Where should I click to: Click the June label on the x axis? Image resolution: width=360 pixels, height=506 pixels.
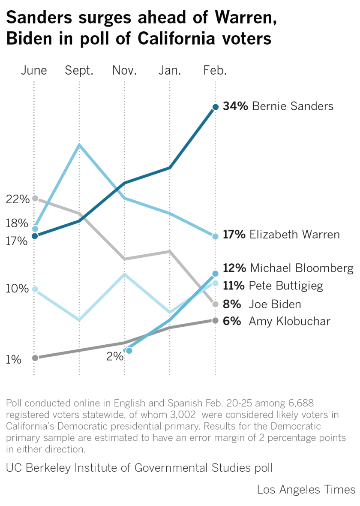(x=34, y=70)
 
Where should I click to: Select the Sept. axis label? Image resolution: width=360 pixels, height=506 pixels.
(x=79, y=70)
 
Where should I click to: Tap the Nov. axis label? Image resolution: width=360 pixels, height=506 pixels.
(x=124, y=70)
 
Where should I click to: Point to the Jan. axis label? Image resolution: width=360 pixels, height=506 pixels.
(x=170, y=70)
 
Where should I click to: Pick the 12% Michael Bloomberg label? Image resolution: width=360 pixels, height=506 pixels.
(x=288, y=268)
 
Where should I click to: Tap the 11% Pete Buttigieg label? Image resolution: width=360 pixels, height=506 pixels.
(x=273, y=286)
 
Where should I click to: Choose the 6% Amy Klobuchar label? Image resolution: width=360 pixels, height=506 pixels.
(x=276, y=321)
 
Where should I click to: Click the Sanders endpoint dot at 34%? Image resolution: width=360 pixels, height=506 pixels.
(x=215, y=107)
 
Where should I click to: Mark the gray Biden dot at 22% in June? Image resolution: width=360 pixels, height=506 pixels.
(x=35, y=198)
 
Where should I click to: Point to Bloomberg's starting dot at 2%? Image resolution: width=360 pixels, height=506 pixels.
(x=129, y=351)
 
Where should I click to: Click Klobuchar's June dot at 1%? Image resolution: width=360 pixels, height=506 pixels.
(x=35, y=358)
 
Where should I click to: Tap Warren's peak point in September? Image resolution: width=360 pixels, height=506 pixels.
(x=79, y=145)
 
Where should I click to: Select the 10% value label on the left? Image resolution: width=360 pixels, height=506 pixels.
(x=18, y=289)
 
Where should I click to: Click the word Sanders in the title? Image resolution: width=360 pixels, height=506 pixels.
(x=42, y=18)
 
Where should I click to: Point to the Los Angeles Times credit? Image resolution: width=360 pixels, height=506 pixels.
(x=306, y=490)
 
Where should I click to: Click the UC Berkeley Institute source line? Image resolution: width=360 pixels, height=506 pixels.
(x=139, y=468)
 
